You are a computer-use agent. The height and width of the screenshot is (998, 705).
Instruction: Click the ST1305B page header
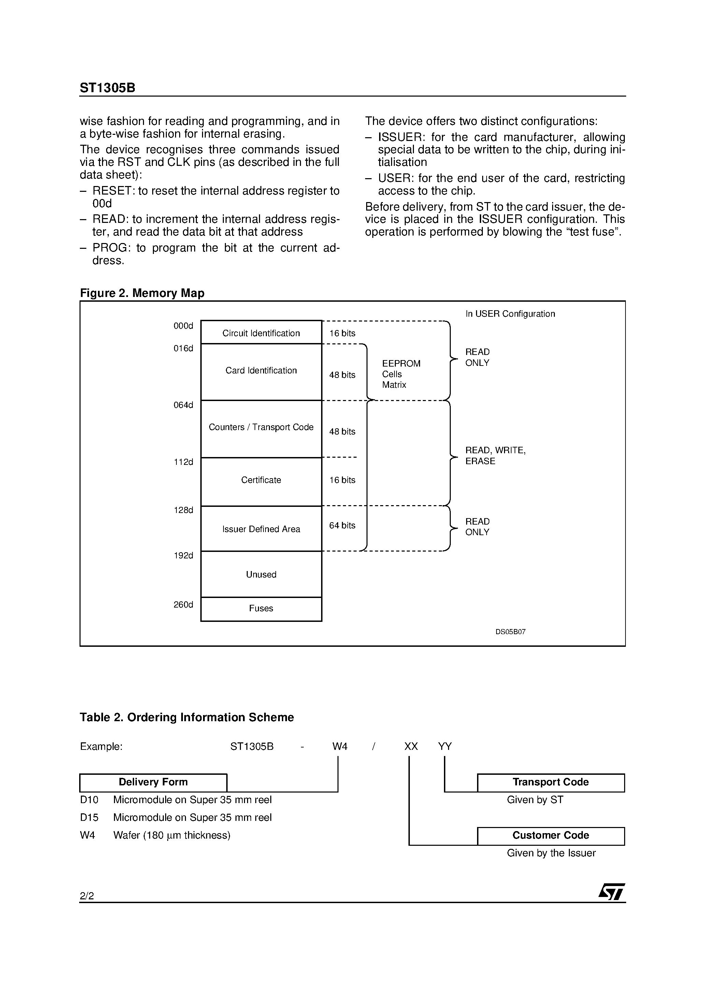(x=107, y=88)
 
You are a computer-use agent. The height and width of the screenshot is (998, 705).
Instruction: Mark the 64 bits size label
(x=342, y=526)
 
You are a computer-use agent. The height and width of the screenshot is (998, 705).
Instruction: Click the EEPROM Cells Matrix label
(x=401, y=374)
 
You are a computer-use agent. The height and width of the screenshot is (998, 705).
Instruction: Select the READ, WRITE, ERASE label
(x=495, y=456)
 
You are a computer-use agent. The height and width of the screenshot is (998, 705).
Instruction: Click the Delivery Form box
(x=153, y=782)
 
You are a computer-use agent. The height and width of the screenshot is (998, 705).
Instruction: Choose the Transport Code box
(x=550, y=782)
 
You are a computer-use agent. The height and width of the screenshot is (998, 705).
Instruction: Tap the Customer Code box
(x=550, y=836)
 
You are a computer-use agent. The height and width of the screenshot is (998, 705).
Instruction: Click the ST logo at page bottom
(x=611, y=892)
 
